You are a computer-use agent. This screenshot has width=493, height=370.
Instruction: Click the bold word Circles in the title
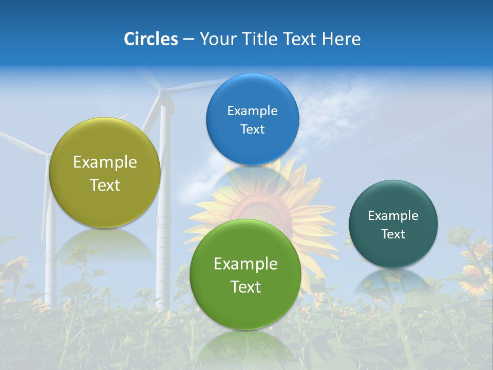(150, 39)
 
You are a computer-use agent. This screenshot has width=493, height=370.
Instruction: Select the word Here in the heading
(341, 39)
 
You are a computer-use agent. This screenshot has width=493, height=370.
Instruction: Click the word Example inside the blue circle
(252, 111)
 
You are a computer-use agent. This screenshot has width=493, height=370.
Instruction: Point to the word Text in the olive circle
(105, 185)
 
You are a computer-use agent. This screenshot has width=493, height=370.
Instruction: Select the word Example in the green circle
(245, 264)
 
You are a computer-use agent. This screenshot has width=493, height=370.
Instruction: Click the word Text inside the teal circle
(393, 234)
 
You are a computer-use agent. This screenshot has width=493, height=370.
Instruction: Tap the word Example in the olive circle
(105, 162)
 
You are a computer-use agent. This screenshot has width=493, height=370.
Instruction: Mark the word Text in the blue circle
(252, 129)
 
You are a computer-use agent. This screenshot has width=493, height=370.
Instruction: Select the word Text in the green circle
(245, 287)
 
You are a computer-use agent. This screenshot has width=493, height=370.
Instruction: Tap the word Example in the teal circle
(393, 216)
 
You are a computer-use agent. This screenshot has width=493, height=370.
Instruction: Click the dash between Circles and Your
(188, 40)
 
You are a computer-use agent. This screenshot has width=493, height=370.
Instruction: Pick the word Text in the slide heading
(300, 39)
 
